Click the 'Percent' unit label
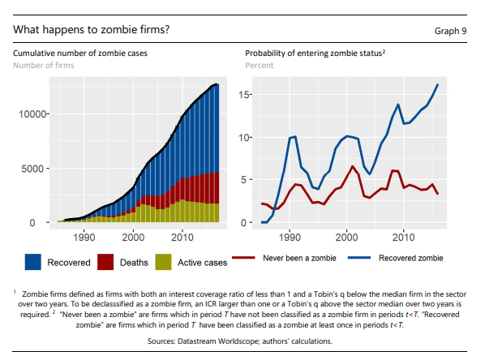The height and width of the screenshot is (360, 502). pos(260,65)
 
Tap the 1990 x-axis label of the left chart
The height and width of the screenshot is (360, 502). pos(84,237)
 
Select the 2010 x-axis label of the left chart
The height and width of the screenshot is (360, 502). pos(182,237)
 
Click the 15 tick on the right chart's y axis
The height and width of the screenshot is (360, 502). pos(246,95)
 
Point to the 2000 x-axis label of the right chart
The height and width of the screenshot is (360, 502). pos(346,237)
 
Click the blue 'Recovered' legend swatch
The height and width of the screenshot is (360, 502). pos(33,261)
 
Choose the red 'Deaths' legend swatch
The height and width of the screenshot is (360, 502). pos(105,261)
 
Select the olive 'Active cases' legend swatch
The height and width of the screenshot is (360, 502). pos(163,261)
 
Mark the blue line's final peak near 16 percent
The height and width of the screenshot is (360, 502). pos(438,84)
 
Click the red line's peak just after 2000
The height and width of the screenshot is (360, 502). pos(352,166)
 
